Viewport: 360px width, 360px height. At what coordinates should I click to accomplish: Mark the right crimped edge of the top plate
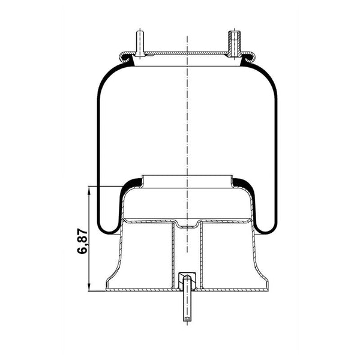click(248, 58)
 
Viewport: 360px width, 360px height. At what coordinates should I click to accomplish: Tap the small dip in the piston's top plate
click(187, 226)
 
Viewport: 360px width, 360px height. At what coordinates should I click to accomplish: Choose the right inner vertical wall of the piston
click(201, 252)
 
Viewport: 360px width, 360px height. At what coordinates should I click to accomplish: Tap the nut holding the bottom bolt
click(187, 277)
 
